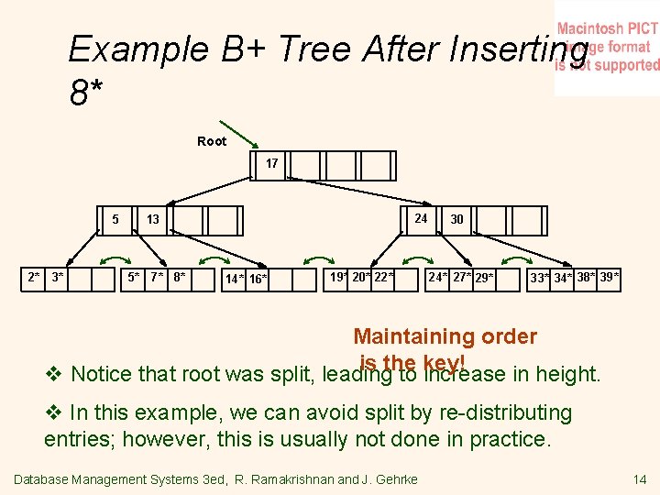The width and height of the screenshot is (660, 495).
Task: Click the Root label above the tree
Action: (x=212, y=141)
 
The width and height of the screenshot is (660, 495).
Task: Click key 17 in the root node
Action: (x=272, y=163)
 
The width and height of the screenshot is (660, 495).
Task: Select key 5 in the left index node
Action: (x=115, y=219)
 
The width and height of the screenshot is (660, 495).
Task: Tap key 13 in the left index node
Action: (x=153, y=220)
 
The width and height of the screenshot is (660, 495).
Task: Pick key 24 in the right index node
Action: (x=421, y=218)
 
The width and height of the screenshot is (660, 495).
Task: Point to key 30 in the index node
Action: (x=456, y=220)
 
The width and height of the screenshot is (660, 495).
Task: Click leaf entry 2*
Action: (x=34, y=277)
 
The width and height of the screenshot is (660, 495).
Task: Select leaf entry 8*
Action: (x=180, y=277)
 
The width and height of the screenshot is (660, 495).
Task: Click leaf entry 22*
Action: (x=384, y=277)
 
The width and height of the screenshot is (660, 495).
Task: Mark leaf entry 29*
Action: (x=484, y=278)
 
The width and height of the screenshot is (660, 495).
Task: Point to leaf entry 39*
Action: (x=610, y=277)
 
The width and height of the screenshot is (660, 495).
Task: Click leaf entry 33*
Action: (x=540, y=278)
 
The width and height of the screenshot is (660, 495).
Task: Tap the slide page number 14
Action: (x=639, y=479)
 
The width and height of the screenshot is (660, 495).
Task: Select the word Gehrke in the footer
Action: (x=396, y=479)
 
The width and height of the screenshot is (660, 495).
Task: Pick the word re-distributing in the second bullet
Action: (x=491, y=413)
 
